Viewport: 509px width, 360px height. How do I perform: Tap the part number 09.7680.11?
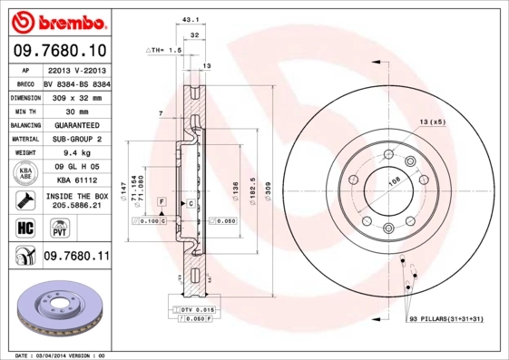tap(76, 257)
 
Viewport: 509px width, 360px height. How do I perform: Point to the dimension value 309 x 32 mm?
tap(76, 97)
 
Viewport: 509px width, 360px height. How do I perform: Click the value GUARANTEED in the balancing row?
tap(76, 124)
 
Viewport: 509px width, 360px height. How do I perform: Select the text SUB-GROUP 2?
tap(76, 139)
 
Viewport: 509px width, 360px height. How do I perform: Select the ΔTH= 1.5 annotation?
tap(165, 52)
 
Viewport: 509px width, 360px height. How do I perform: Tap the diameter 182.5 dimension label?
tap(251, 191)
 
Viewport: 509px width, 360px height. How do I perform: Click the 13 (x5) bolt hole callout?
tap(433, 122)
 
